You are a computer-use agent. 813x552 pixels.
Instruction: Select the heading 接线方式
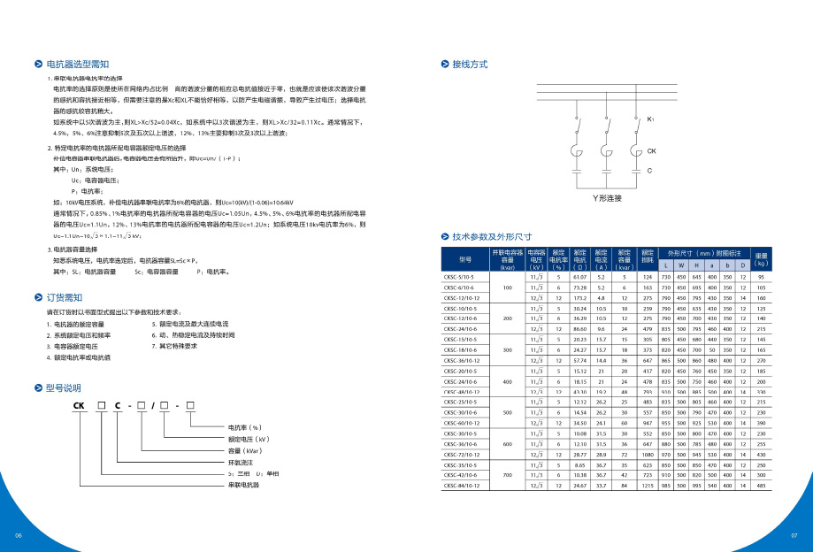[x=470, y=65]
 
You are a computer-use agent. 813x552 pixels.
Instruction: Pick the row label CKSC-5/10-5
[x=460, y=279]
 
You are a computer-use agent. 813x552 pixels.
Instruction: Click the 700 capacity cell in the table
[x=507, y=475]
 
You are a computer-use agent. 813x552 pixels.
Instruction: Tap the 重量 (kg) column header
[x=760, y=259]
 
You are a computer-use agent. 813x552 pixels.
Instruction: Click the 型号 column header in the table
[x=465, y=259]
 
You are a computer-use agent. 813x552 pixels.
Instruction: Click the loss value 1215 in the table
[x=648, y=485]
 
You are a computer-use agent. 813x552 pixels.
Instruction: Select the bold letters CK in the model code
[x=79, y=405]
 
